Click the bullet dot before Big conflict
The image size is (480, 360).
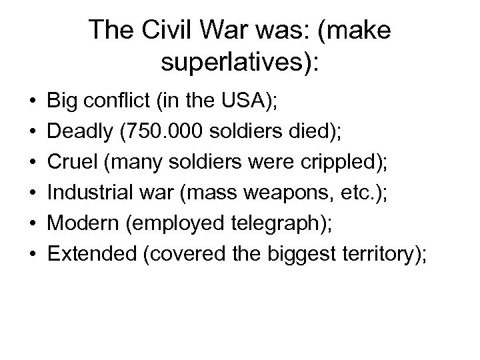tap(33, 105)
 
